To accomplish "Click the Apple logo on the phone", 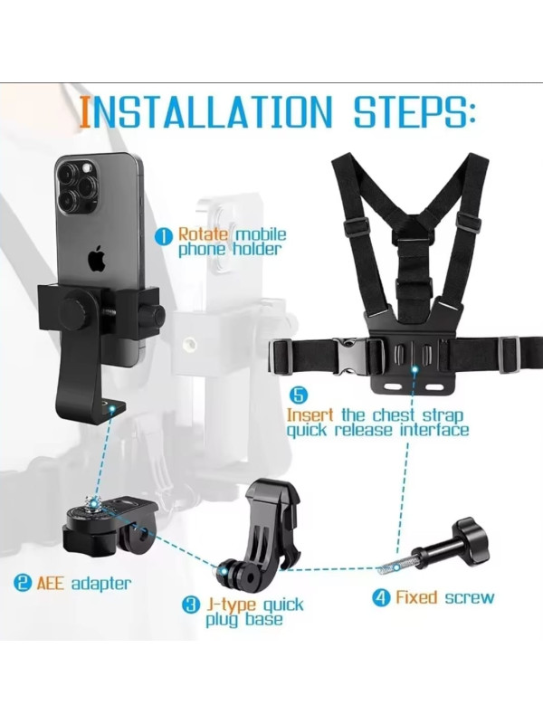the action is [x=97, y=259].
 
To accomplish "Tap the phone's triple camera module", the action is [x=78, y=186].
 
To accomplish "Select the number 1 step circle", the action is [x=163, y=236].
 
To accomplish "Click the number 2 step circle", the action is [x=23, y=583].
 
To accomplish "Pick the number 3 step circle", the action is [x=191, y=605].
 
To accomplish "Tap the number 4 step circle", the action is [x=381, y=597].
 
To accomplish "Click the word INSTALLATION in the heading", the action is [x=206, y=112].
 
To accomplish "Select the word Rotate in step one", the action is [x=203, y=234].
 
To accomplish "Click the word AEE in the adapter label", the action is [x=51, y=583].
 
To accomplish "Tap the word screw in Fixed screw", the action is [x=469, y=597].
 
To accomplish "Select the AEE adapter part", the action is [x=110, y=524].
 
